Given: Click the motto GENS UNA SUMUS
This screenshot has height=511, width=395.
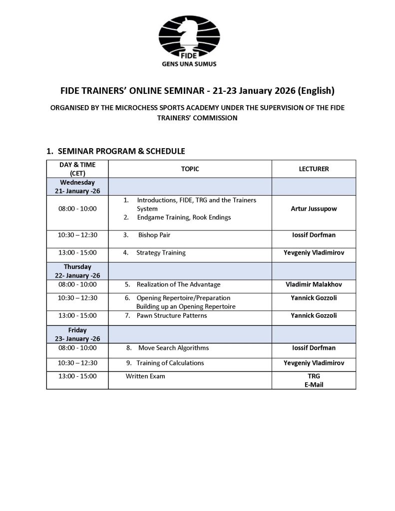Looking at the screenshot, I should (189, 64).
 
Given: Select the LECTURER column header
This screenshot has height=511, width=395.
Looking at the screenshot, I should (314, 169).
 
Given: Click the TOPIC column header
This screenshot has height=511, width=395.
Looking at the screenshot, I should (190, 169).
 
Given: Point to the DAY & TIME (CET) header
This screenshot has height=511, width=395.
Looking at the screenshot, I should (77, 169).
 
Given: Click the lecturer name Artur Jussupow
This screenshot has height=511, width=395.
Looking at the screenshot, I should (314, 209).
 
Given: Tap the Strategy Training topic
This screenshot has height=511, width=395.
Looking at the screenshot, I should (161, 253).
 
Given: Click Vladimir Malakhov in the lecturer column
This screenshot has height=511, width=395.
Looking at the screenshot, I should (314, 284).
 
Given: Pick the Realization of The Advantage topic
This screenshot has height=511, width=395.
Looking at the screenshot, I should (178, 284).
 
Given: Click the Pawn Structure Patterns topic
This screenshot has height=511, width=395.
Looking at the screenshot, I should (172, 315).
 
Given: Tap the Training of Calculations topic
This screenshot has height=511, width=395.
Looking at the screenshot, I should (171, 363).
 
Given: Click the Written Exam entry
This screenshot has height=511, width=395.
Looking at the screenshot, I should (145, 376).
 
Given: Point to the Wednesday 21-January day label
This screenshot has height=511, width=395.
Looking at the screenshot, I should (77, 187).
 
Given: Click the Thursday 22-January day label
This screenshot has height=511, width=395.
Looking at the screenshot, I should (77, 271).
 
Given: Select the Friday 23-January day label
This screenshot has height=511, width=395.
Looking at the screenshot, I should (77, 334).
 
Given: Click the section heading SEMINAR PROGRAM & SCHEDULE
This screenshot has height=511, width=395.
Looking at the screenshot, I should (121, 151).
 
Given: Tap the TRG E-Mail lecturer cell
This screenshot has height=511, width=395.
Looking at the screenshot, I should (314, 380).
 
